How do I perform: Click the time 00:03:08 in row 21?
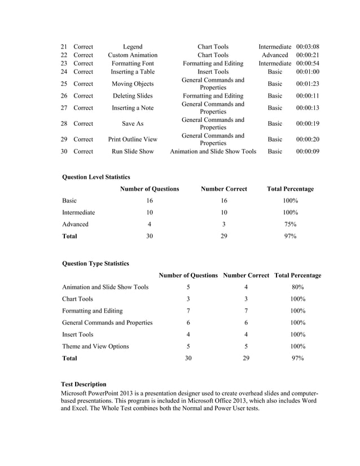click(308, 46)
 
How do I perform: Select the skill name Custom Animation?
click(133, 55)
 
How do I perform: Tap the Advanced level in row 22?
click(275, 55)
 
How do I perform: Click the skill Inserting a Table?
click(133, 72)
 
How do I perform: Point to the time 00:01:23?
click(308, 84)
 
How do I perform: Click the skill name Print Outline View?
click(133, 139)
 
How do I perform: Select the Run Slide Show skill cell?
click(133, 152)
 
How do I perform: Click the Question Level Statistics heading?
click(96, 177)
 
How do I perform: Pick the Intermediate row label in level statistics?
click(78, 213)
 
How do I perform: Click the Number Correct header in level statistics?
click(224, 189)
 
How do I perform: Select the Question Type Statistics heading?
click(95, 263)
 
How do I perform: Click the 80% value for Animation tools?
click(297, 287)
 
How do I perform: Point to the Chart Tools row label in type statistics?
click(78, 299)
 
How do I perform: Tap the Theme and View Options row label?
click(95, 346)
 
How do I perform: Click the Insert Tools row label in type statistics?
click(78, 335)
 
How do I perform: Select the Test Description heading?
click(84, 384)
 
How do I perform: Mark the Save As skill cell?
click(133, 124)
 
